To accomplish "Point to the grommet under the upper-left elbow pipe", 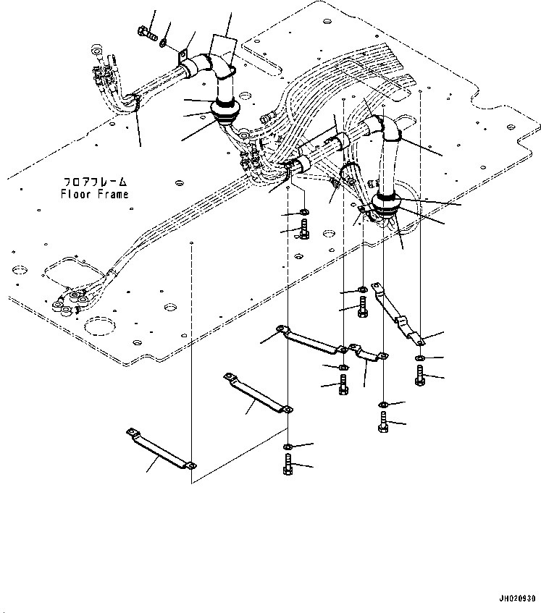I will click(227, 111).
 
